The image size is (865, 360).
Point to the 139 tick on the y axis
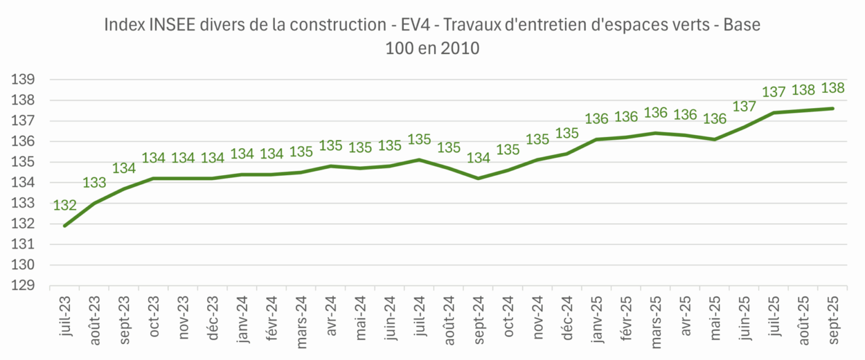(x=23, y=80)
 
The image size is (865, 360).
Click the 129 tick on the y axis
(x=23, y=286)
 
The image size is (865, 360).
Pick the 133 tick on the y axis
(x=23, y=203)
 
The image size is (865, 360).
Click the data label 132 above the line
(x=65, y=206)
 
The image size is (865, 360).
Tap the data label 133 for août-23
(x=94, y=183)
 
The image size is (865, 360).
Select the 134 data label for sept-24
(x=478, y=158)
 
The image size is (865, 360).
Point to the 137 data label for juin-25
(x=744, y=106)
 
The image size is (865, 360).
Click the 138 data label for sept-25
(x=833, y=88)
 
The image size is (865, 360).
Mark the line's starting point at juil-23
(x=65, y=226)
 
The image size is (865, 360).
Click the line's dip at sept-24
(x=478, y=178)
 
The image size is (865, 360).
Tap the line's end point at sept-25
(x=833, y=109)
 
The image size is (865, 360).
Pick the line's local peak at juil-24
(x=419, y=159)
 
